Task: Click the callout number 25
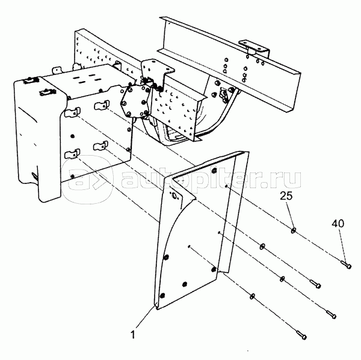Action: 286,196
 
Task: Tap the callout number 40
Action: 338,224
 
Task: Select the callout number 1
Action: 133,335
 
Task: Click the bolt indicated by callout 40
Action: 346,264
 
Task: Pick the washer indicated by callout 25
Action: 294,230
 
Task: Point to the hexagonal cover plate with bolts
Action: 135,100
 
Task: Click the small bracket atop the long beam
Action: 255,48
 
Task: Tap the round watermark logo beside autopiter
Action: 87,179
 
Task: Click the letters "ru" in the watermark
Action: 288,180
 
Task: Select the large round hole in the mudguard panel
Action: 174,196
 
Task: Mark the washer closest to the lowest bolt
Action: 253,296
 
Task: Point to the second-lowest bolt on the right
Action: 331,314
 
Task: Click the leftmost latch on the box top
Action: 30,81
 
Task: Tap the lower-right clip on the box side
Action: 100,146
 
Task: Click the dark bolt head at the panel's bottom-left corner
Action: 162,295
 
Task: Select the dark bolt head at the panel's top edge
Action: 215,171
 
